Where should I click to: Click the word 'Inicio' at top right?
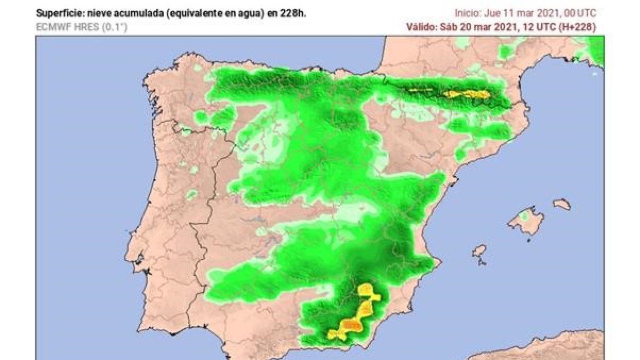click(x=466, y=13)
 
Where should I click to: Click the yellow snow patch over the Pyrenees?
click(x=468, y=94)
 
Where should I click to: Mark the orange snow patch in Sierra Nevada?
click(x=351, y=324)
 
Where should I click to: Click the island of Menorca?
click(x=561, y=204)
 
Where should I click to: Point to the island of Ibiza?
click(x=479, y=251)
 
